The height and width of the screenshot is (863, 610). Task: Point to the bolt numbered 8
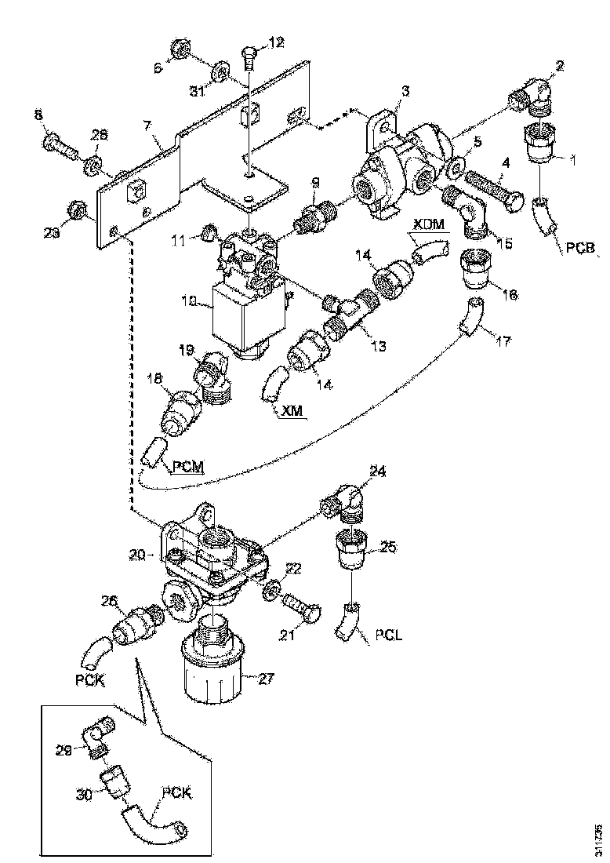coord(62,144)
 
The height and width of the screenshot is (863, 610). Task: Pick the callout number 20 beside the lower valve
coord(138,554)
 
